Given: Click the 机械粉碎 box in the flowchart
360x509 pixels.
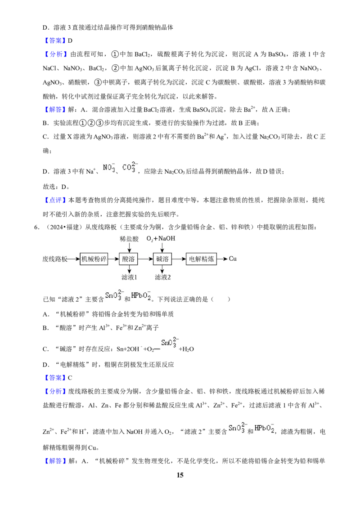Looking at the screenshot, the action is click(94, 259).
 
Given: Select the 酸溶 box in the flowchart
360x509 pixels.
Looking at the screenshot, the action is click(129, 259).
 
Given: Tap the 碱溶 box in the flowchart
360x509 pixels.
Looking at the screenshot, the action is click(162, 259).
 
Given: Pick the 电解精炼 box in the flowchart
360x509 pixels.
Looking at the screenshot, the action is click(201, 259).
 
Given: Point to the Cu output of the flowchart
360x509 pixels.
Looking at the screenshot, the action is click(233, 259).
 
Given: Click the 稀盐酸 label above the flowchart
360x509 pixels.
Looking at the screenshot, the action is click(129, 239).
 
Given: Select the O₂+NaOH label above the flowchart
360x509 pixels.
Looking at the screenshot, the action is click(161, 239).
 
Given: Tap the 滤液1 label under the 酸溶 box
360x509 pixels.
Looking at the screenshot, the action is click(129, 277).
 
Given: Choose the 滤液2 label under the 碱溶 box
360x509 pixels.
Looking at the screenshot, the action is click(163, 277).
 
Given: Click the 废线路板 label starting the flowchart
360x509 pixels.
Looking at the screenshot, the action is click(55, 259).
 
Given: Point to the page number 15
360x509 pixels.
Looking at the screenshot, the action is click(180, 475).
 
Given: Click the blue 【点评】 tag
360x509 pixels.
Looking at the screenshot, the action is click(55, 200).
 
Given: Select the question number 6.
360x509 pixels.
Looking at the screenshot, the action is click(37, 227).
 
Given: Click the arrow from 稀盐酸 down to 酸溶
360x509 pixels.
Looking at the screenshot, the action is click(129, 248).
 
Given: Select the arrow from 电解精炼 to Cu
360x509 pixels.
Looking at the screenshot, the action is click(222, 259).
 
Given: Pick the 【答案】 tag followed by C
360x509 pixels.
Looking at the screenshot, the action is click(55, 378).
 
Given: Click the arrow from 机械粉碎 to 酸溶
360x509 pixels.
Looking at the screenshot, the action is click(113, 259).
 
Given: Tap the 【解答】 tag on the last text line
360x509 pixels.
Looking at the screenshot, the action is click(55, 460).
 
